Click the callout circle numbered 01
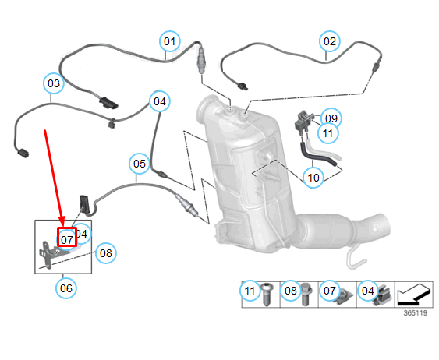(x=170, y=41)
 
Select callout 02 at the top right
(x=331, y=41)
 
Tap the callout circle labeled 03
(x=53, y=83)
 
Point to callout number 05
(x=139, y=164)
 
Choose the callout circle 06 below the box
(x=66, y=288)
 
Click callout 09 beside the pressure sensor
(x=331, y=118)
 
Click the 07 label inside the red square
(x=67, y=238)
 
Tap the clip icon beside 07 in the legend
(x=345, y=294)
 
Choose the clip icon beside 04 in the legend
(x=384, y=293)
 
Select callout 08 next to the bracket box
(x=106, y=252)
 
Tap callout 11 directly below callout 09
(x=329, y=133)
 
